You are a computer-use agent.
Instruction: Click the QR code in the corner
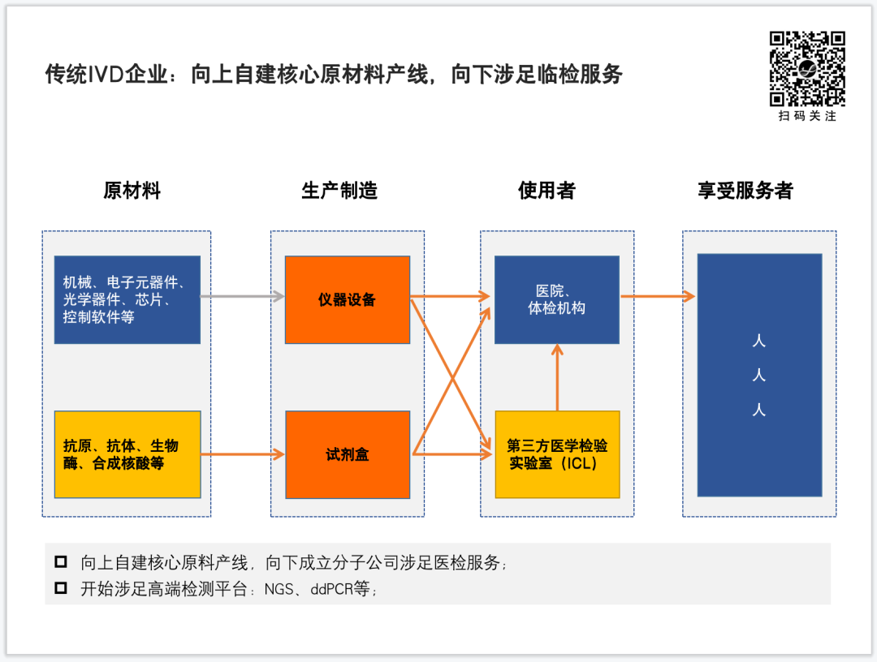(x=807, y=68)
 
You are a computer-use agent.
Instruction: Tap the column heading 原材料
(x=132, y=191)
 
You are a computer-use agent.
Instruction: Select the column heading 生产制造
(x=339, y=191)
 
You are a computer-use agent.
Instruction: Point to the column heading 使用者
(x=547, y=191)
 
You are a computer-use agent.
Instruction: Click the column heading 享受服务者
(x=745, y=191)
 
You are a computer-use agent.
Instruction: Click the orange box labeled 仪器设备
(x=347, y=299)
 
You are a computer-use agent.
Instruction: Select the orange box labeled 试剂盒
(x=347, y=454)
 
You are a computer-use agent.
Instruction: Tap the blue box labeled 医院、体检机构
(x=556, y=299)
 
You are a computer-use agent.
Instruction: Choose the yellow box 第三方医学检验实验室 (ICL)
(x=557, y=454)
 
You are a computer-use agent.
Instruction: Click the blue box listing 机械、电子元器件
(x=127, y=299)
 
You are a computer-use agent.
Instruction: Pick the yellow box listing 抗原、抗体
(x=127, y=454)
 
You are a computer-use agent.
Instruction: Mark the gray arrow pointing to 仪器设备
(x=242, y=297)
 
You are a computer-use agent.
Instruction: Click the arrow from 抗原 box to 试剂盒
(x=242, y=455)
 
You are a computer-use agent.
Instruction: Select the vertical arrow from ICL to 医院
(x=557, y=377)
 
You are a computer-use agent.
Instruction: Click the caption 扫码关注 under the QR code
(x=807, y=116)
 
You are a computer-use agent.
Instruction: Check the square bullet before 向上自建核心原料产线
(x=61, y=562)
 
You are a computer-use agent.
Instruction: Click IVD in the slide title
(x=104, y=75)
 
